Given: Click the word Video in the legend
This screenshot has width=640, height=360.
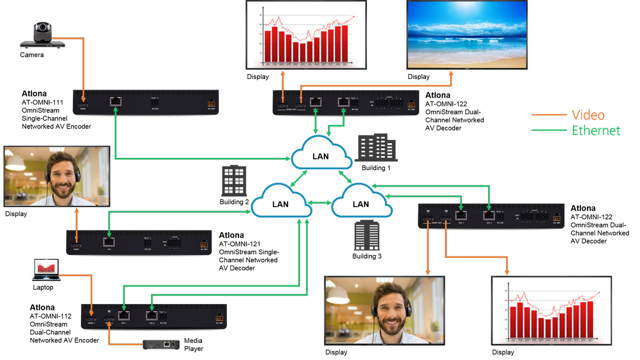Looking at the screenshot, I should pyautogui.click(x=588, y=115).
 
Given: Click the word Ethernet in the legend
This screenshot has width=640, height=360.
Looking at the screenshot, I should pyautogui.click(x=596, y=130).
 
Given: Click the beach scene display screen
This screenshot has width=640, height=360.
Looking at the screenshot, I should pyautogui.click(x=467, y=34).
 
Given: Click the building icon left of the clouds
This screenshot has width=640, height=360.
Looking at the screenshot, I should pyautogui.click(x=234, y=180).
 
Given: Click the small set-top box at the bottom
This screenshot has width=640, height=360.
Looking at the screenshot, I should pyautogui.click(x=161, y=345).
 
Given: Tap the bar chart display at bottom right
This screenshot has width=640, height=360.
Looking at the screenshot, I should pyautogui.click(x=551, y=310).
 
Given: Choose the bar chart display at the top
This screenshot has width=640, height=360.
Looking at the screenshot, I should pyautogui.click(x=306, y=34).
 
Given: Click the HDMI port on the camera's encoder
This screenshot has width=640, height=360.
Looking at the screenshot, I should pyautogui.click(x=83, y=102).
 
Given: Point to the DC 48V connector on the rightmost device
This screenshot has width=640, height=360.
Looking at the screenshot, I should pyautogui.click(x=556, y=218).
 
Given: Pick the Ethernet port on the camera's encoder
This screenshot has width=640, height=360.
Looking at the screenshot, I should pyautogui.click(x=116, y=101).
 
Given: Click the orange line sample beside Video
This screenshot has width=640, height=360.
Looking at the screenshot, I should pyautogui.click(x=549, y=115).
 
